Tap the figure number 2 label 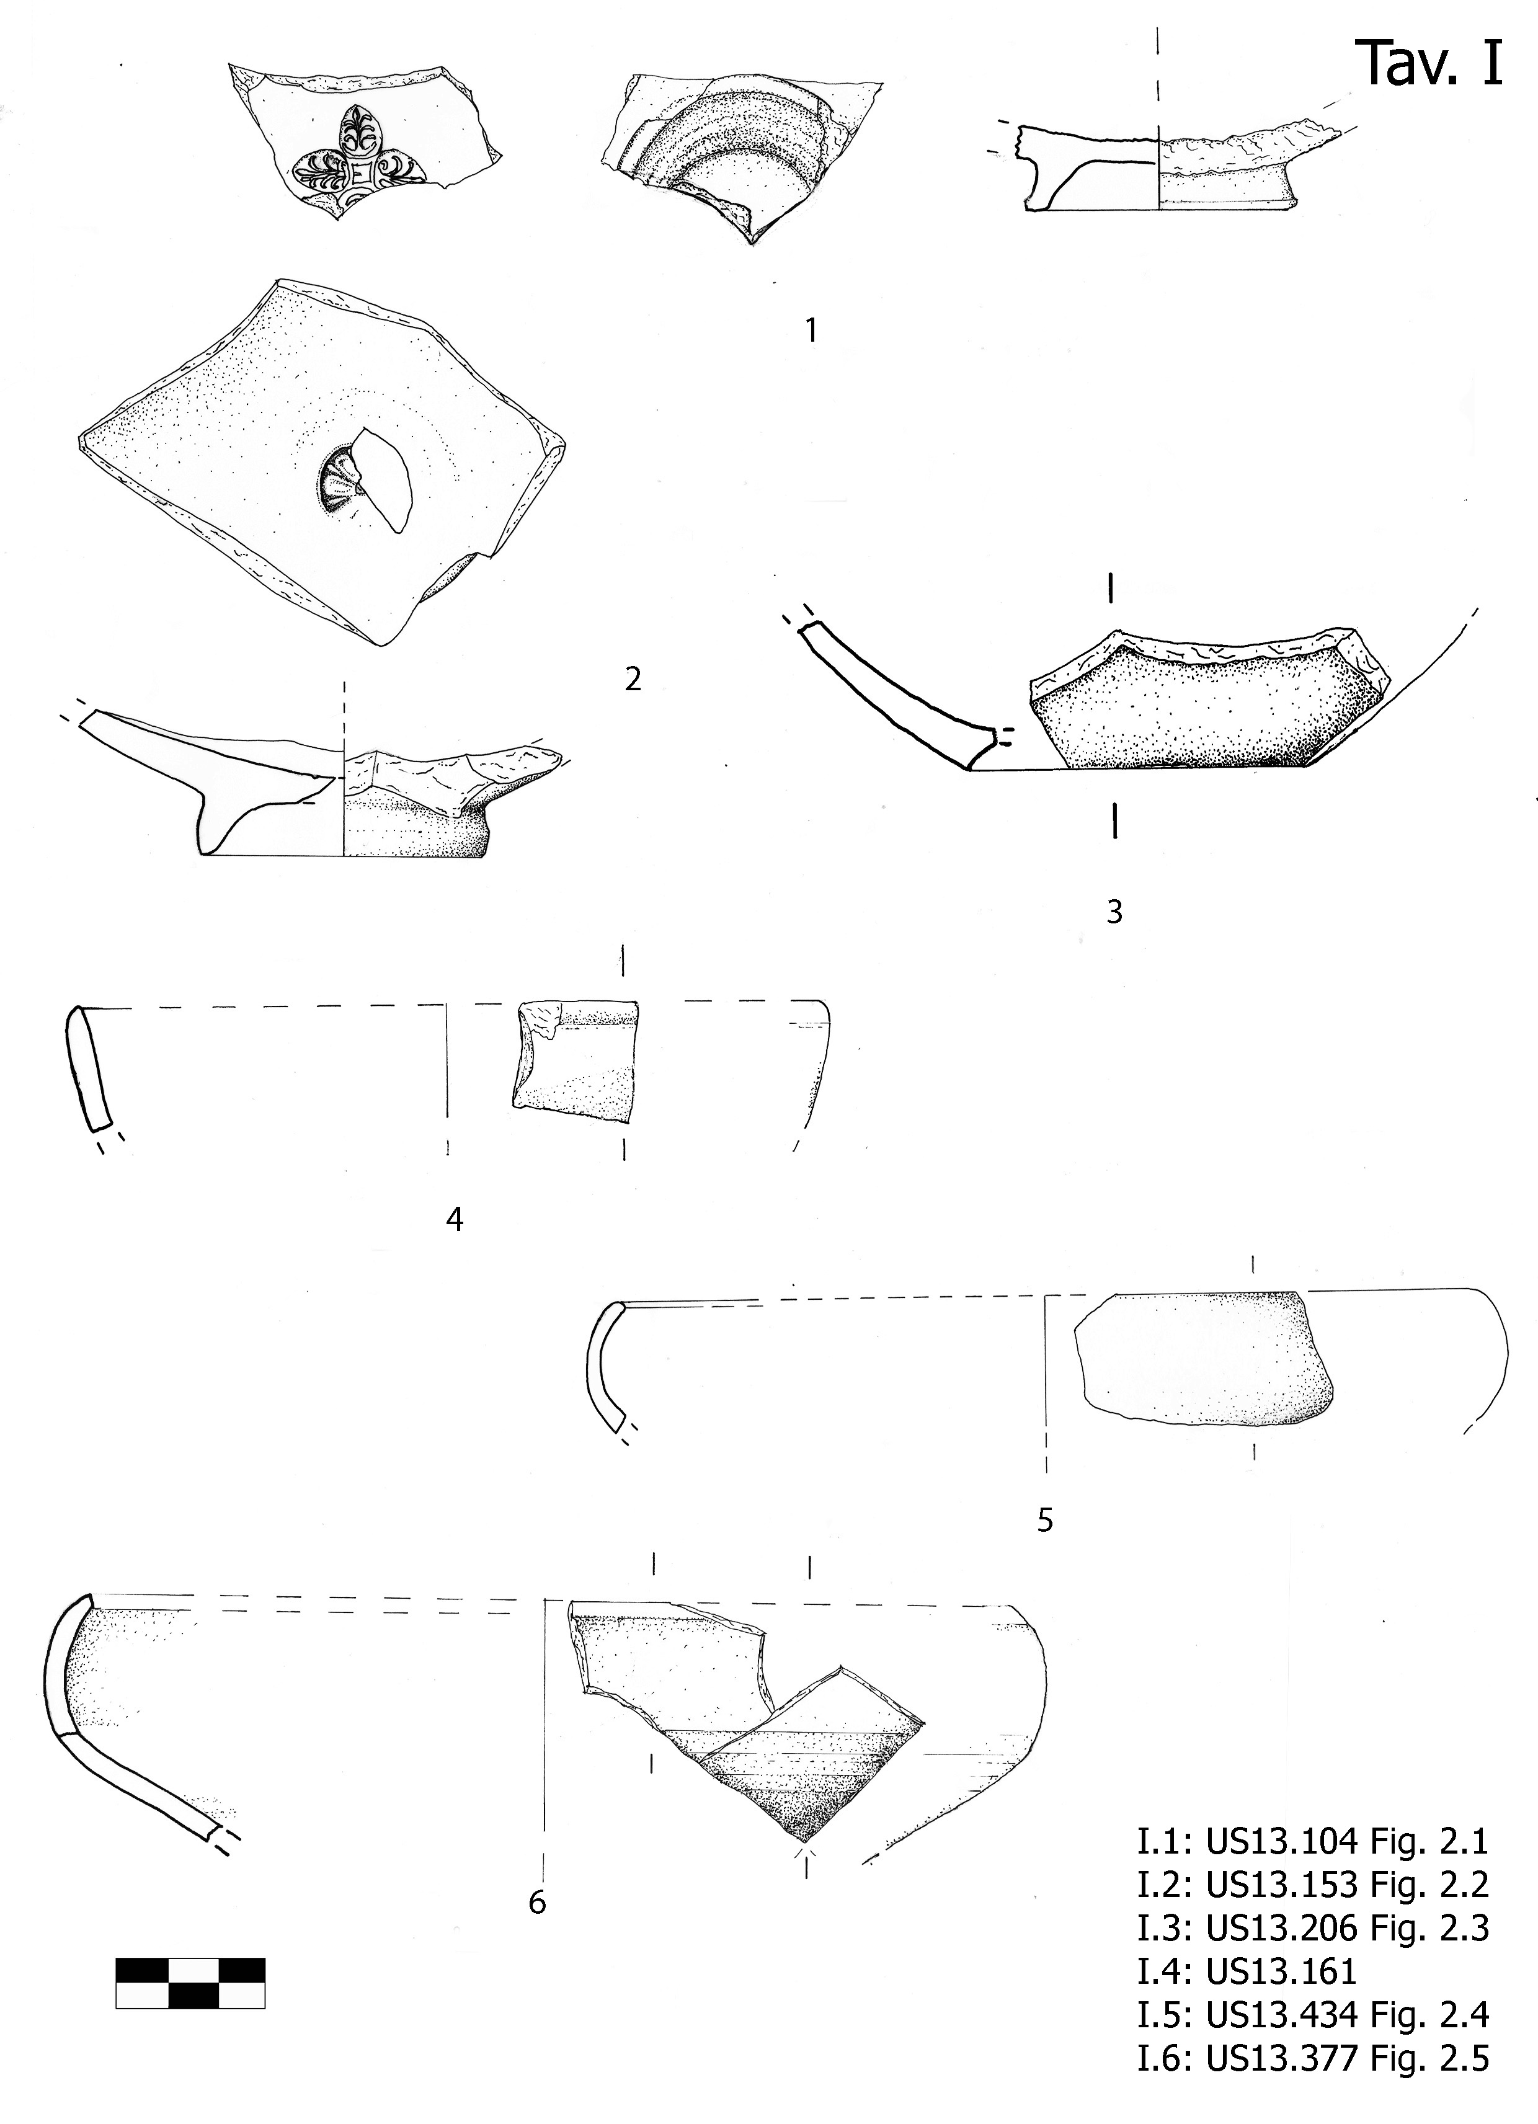click(x=633, y=680)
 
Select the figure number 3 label click(x=1114, y=911)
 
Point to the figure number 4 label click(x=455, y=1219)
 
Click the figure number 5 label click(x=1046, y=1519)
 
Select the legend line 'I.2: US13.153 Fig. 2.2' click(x=1312, y=1885)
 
